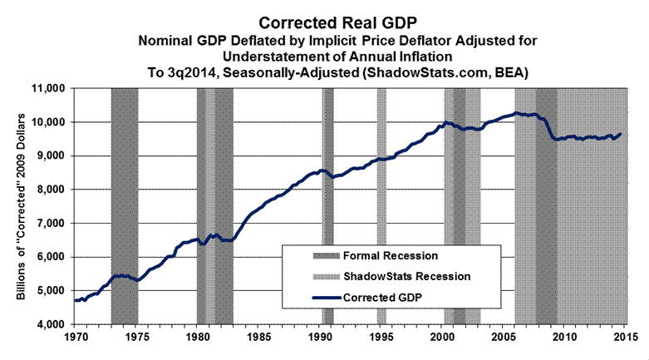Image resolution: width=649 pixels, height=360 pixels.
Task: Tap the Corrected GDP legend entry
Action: (391, 295)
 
